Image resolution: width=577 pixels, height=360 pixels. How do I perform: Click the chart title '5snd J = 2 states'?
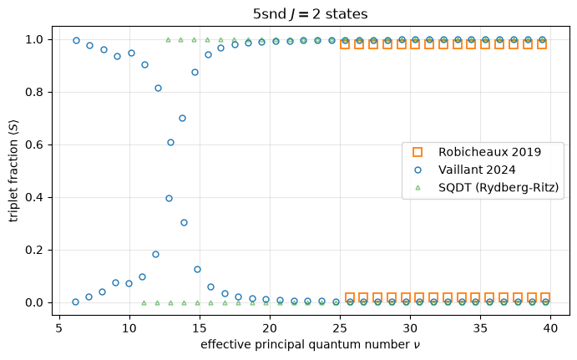pos(310,14)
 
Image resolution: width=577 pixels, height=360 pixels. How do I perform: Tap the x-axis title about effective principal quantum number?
pos(311,344)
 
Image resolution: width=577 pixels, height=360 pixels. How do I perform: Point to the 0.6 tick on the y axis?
pos(34,145)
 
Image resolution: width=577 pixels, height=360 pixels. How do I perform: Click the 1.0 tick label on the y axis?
pos(34,39)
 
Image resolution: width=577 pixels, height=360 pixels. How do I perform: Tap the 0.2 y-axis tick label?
pos(34,251)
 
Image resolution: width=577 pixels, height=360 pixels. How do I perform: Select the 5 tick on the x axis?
pos(59,328)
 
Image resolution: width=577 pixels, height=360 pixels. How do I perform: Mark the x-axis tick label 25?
pos(340,328)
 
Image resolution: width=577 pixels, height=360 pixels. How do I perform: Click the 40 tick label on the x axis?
pos(551,328)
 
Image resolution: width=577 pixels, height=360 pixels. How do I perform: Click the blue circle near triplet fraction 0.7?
pos(182,118)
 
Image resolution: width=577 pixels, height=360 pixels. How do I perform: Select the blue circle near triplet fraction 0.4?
pos(169,199)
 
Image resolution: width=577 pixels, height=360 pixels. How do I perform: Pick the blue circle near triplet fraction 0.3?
pos(184,222)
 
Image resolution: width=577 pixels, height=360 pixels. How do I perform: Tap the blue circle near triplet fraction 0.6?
pos(170,143)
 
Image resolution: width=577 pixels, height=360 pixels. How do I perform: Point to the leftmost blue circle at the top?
pos(76,40)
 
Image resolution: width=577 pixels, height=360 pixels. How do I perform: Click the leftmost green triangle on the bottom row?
pos(144,303)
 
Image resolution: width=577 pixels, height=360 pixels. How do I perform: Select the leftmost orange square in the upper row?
pos(345,43)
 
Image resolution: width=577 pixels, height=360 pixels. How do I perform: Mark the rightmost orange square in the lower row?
pos(545,297)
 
